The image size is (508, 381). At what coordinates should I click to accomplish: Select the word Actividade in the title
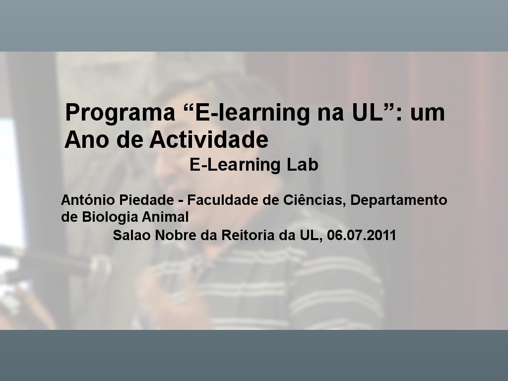(x=209, y=139)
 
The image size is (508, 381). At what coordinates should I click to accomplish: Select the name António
(x=88, y=199)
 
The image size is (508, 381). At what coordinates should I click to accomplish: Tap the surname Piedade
(x=146, y=200)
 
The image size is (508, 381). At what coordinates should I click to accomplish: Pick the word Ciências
(x=314, y=200)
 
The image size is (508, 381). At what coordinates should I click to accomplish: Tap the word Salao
(x=131, y=235)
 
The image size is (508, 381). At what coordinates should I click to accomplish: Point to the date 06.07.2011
(x=362, y=235)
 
